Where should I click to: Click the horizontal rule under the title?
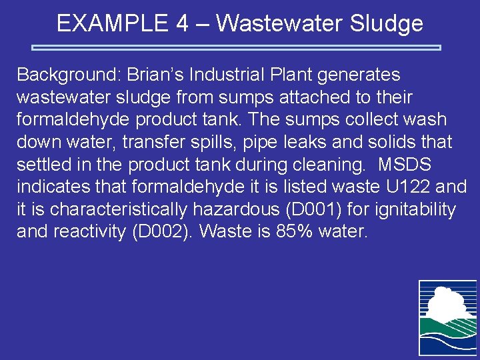tap(237, 48)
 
